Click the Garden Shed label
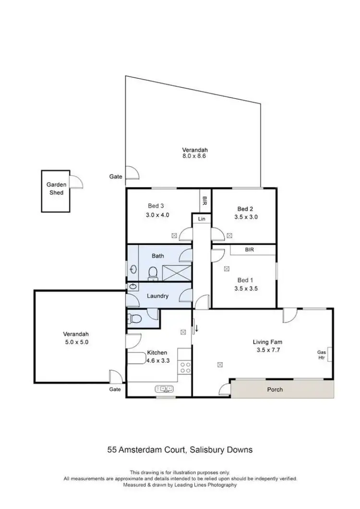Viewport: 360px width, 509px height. (x=55, y=189)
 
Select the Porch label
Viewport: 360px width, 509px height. (x=276, y=390)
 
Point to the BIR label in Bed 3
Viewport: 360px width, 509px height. (x=205, y=199)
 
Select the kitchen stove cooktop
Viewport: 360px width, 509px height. (x=184, y=367)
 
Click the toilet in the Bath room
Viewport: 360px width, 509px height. (x=153, y=272)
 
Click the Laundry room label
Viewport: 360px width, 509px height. (x=157, y=296)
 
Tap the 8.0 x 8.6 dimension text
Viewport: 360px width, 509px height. (x=194, y=156)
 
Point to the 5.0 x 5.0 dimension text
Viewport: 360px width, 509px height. (x=76, y=343)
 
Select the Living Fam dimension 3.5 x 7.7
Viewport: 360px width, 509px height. (x=267, y=350)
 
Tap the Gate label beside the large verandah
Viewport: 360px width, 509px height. (x=116, y=177)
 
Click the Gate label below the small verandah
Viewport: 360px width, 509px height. (x=115, y=390)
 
